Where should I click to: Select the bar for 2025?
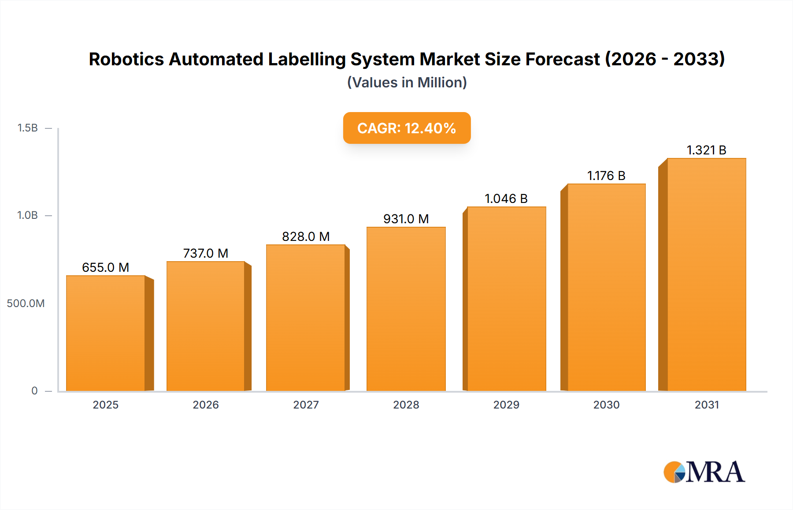point(106,333)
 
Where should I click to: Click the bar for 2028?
point(406,309)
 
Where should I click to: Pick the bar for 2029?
point(506,299)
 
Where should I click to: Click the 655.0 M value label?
point(105,267)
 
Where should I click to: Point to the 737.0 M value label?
point(205,253)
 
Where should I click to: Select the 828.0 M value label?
point(306,236)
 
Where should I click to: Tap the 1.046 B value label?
point(506,199)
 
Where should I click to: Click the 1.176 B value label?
point(606,176)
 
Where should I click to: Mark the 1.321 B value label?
point(706,150)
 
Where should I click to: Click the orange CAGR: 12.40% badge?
point(407,128)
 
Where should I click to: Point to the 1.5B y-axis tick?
point(27,128)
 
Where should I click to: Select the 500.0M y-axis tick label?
point(26,303)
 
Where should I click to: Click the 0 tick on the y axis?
point(34,390)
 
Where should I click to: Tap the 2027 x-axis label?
point(306,405)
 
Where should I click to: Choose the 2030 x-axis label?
point(606,405)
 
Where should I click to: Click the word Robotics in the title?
point(126,59)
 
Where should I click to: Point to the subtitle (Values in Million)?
point(407,82)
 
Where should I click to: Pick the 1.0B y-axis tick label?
point(27,215)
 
